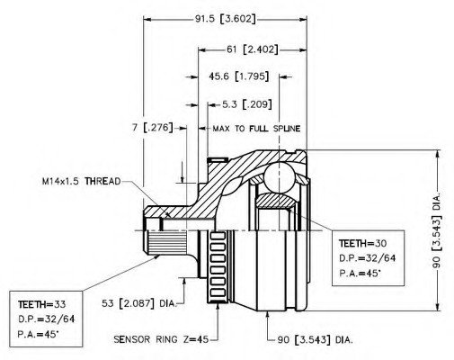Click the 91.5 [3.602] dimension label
click(226, 19)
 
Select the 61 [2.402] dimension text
click(252, 49)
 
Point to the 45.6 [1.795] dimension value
click(238, 76)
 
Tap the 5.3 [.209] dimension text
click(247, 104)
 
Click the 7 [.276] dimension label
click(153, 128)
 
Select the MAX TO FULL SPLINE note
click(256, 129)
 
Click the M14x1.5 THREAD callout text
click(81, 181)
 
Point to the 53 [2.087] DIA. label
click(138, 303)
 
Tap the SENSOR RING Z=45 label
click(161, 339)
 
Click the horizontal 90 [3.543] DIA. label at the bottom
click(315, 340)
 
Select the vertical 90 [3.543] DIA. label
click(437, 230)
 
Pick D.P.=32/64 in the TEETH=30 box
click(368, 258)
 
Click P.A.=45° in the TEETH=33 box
click(38, 334)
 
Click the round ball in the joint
click(279, 178)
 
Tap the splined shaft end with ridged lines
click(166, 242)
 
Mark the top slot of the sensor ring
click(218, 236)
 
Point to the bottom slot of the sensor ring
click(218, 292)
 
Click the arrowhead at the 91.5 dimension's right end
click(303, 20)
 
